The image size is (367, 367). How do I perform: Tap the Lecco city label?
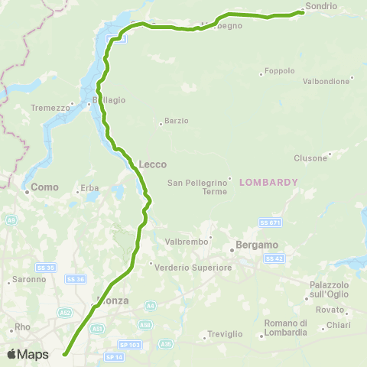pos(153,164)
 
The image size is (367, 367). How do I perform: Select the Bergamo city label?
pos(255,250)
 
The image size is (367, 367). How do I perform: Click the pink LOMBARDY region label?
pos(268,182)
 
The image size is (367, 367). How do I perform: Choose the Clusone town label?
pos(310,158)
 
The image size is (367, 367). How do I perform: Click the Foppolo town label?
pos(280,72)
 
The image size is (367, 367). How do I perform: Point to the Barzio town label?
pos(177,121)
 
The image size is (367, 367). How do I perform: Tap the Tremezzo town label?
pos(50,109)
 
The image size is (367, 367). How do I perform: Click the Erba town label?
pos(90,188)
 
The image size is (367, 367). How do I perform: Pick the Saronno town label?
pos(25,281)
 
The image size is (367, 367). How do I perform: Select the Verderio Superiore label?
pos(193,268)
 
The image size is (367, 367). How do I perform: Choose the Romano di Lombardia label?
pos(285,327)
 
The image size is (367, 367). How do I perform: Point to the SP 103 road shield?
pos(131,345)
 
